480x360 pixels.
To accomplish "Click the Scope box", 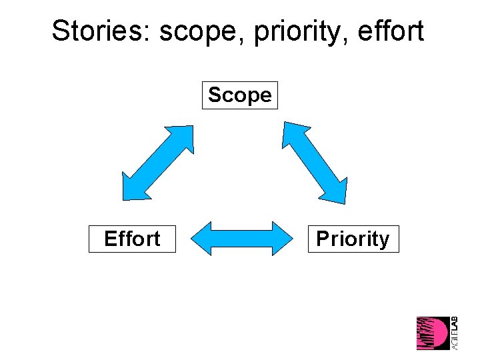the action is pyautogui.click(x=239, y=95).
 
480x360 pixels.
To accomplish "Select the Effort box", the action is pyautogui.click(x=132, y=239).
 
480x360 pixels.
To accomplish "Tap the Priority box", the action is pyautogui.click(x=353, y=239).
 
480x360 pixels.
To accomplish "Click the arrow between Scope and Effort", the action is pyautogui.click(x=157, y=163).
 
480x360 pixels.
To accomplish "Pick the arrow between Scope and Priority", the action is pyautogui.click(x=314, y=162).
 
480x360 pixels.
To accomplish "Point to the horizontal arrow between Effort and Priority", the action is pyautogui.click(x=243, y=239).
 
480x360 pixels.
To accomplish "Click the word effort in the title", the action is pyautogui.click(x=389, y=31).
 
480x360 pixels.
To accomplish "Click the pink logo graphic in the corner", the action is pyautogui.click(x=433, y=333).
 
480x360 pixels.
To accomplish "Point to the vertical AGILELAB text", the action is pyautogui.click(x=454, y=333).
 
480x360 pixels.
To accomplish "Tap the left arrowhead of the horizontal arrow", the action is pyautogui.click(x=203, y=239).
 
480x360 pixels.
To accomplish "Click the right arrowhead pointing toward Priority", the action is pyautogui.click(x=283, y=239).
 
